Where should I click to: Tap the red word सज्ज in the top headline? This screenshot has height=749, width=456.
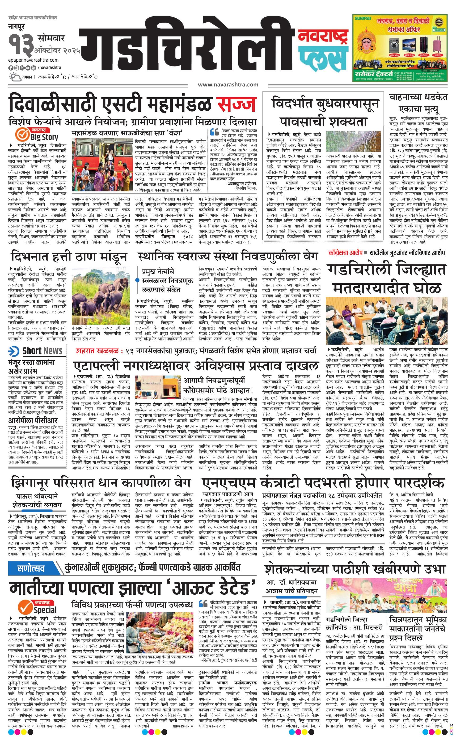pyautogui.click(x=236, y=104)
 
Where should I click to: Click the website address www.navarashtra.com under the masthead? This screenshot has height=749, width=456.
pyautogui.click(x=228, y=85)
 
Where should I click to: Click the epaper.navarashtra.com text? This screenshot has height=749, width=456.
pyautogui.click(x=34, y=60)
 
